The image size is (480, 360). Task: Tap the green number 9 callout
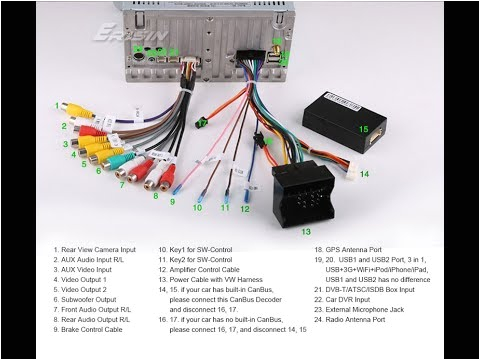click(x=171, y=201)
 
